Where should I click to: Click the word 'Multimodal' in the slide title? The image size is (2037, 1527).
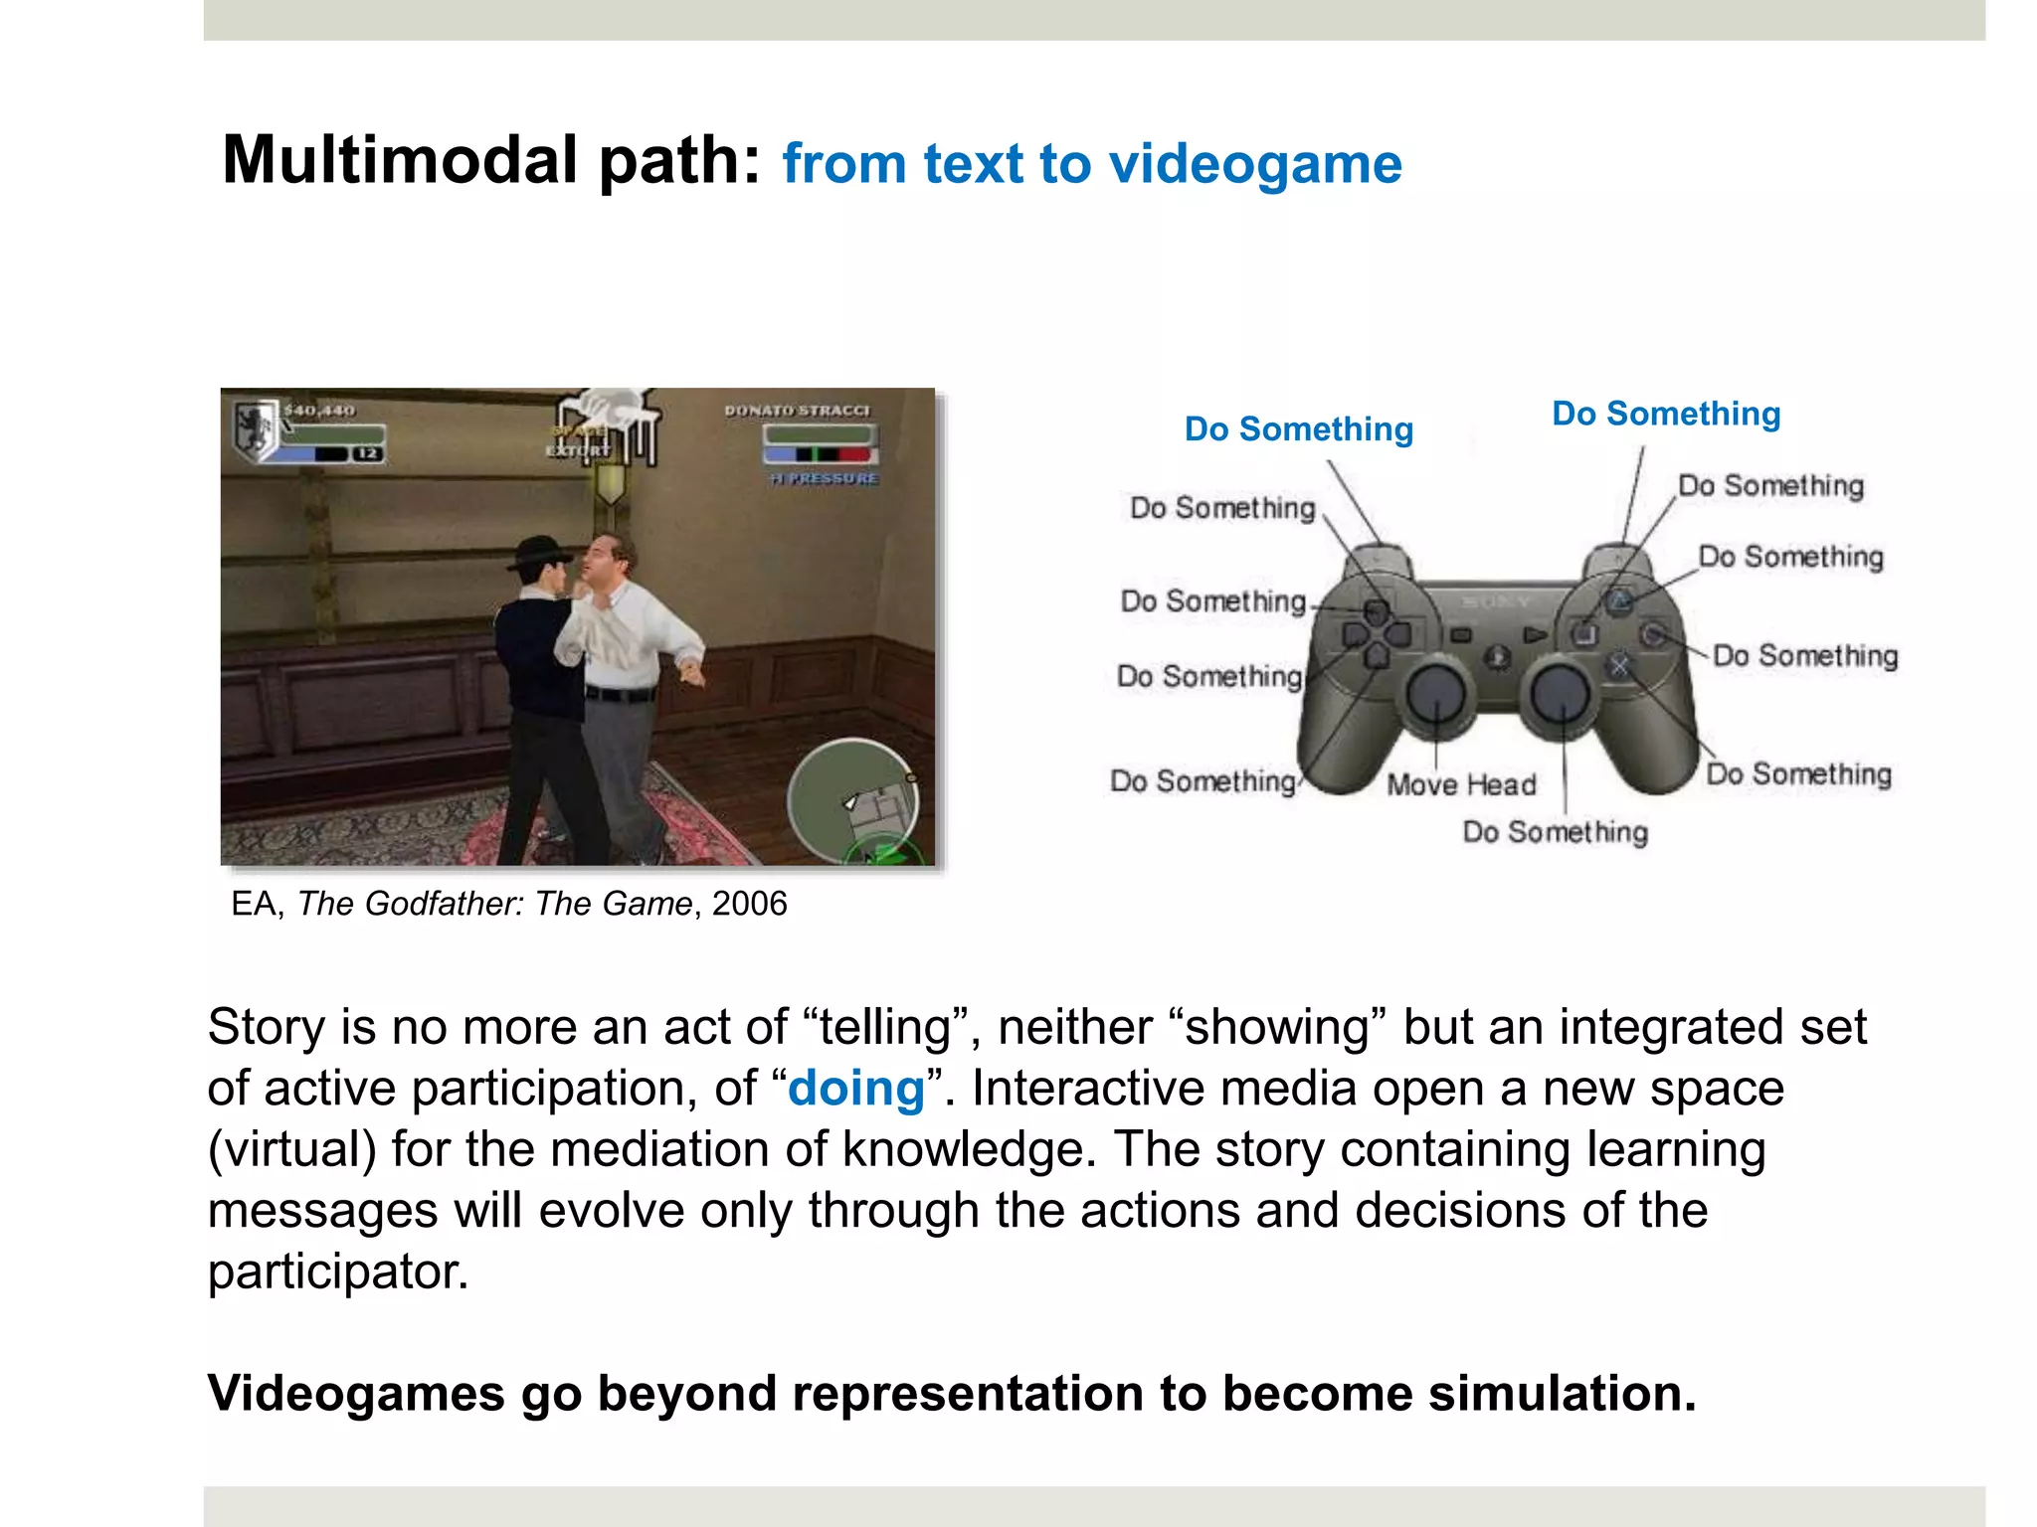[x=398, y=161]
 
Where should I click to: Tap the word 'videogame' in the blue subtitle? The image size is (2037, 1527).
[x=1255, y=164]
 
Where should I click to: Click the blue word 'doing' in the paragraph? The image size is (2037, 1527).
[x=856, y=1089]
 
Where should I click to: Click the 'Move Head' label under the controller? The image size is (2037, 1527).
[x=1461, y=785]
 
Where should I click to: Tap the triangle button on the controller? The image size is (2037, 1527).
[x=1620, y=600]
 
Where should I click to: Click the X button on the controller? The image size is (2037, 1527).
[x=1620, y=665]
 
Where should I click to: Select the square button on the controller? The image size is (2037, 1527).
[x=1584, y=633]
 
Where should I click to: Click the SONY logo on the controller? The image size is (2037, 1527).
[x=1495, y=602]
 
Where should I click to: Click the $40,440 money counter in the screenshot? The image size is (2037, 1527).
[x=319, y=411]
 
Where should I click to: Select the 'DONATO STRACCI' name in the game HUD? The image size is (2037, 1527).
[x=797, y=411]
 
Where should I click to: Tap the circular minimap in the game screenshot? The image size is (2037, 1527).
[x=852, y=801]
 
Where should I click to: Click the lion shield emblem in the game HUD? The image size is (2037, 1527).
[x=255, y=427]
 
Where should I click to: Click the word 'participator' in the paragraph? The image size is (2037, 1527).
[x=337, y=1272]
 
